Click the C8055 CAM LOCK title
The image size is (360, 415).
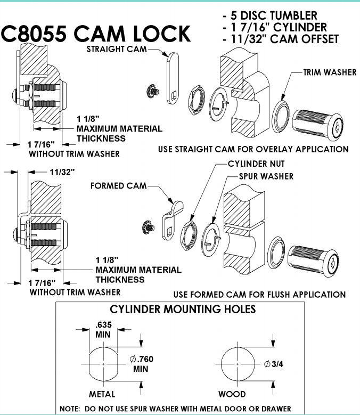pyautogui.click(x=96, y=34)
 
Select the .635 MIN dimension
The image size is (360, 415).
pyautogui.click(x=103, y=329)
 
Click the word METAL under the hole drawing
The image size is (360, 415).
pyautogui.click(x=102, y=394)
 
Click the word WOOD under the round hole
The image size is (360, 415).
pyautogui.click(x=232, y=394)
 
